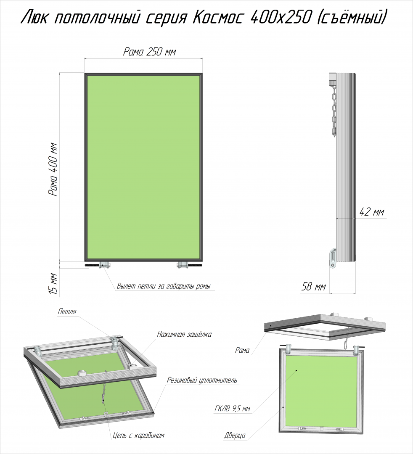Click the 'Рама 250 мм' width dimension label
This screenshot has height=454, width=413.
tap(149, 52)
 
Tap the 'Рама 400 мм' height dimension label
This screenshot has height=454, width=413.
tap(53, 170)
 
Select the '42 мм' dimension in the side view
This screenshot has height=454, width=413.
tap(372, 212)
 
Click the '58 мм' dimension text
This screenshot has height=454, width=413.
tap(314, 287)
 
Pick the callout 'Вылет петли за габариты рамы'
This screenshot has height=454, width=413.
tap(164, 286)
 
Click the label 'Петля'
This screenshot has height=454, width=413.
tap(67, 311)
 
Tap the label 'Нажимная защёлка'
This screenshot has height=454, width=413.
tap(184, 335)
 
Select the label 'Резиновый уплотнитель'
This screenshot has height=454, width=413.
tap(202, 380)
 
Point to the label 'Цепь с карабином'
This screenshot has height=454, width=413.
tap(138, 435)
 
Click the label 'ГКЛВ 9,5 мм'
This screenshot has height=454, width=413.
tap(232, 409)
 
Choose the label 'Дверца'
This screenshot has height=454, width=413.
tap(235, 435)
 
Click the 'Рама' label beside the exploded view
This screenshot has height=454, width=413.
tap(242, 350)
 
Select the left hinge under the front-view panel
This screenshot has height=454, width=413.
tap(105, 265)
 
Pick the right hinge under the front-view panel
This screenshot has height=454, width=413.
tap(183, 265)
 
